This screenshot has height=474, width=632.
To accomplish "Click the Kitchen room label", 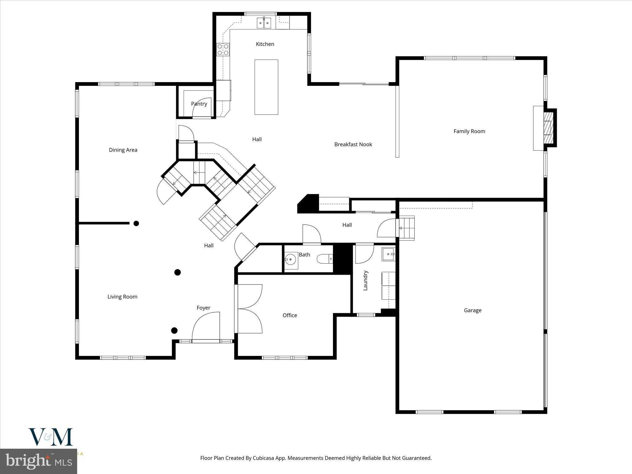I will point(265,44).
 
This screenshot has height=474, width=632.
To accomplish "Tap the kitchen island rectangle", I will point(266,87).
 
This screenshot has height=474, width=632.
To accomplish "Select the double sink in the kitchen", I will point(264,23).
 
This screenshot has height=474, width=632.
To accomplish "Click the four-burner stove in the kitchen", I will point(223,50).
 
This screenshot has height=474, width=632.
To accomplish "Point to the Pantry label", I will point(199,104).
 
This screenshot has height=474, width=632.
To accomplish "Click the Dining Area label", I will point(123,150).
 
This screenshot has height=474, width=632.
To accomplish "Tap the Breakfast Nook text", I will point(353,144).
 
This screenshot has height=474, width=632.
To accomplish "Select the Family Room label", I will point(469,131).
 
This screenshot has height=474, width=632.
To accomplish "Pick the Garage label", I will point(472,310).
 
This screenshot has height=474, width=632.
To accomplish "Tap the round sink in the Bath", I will point(290,260).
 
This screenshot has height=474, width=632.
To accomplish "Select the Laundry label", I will point(365,281).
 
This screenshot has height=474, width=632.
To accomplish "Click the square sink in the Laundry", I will point(388,254).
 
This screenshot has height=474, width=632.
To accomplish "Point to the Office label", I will point(289,315).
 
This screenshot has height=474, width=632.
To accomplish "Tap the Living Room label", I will point(122,297).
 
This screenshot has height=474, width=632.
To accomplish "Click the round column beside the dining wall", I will point(136,223).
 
